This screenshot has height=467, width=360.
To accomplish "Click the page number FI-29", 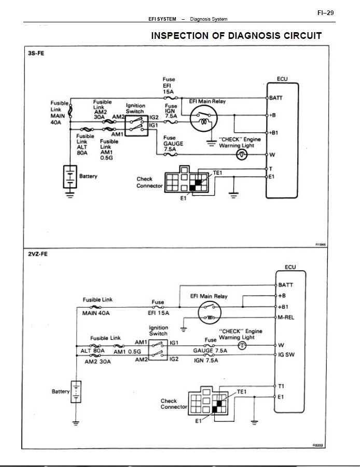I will [325, 13].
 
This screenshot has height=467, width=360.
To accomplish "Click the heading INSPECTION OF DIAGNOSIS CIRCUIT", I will [236, 36].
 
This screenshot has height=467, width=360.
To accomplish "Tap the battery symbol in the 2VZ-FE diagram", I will [76, 391].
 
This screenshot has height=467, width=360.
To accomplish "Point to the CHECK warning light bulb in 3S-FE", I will [242, 155].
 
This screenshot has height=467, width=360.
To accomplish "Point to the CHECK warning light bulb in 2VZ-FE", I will [241, 345].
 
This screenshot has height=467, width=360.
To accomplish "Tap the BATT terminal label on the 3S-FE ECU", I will [276, 98].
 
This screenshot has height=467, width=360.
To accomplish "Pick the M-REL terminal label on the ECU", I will [286, 318].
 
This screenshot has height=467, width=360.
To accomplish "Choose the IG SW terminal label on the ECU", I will [286, 355].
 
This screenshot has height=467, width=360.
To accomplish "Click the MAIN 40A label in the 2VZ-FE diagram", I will [96, 313].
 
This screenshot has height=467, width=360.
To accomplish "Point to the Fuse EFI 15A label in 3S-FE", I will [169, 86].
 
